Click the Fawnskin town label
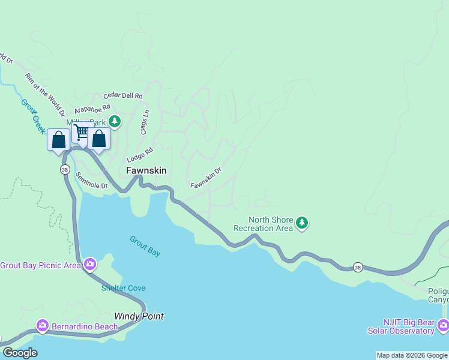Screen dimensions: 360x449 (x=146, y=171)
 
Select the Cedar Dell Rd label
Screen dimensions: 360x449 (x=123, y=95)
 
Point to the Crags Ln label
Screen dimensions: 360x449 (x=145, y=122)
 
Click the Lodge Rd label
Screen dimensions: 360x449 (x=140, y=155)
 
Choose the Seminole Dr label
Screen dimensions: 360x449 (x=91, y=181)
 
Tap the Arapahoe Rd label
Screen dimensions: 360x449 (x=92, y=109)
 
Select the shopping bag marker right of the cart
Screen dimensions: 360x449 (x=99, y=139)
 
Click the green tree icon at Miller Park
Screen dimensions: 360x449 (x=115, y=122)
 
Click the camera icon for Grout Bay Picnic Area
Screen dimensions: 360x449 (x=90, y=264)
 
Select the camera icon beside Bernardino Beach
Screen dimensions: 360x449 (x=42, y=326)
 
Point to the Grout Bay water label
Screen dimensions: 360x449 (x=145, y=246)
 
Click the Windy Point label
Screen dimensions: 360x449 (x=139, y=316)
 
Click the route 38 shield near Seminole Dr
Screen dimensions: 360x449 (x=65, y=170)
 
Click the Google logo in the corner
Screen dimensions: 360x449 (x=20, y=353)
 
